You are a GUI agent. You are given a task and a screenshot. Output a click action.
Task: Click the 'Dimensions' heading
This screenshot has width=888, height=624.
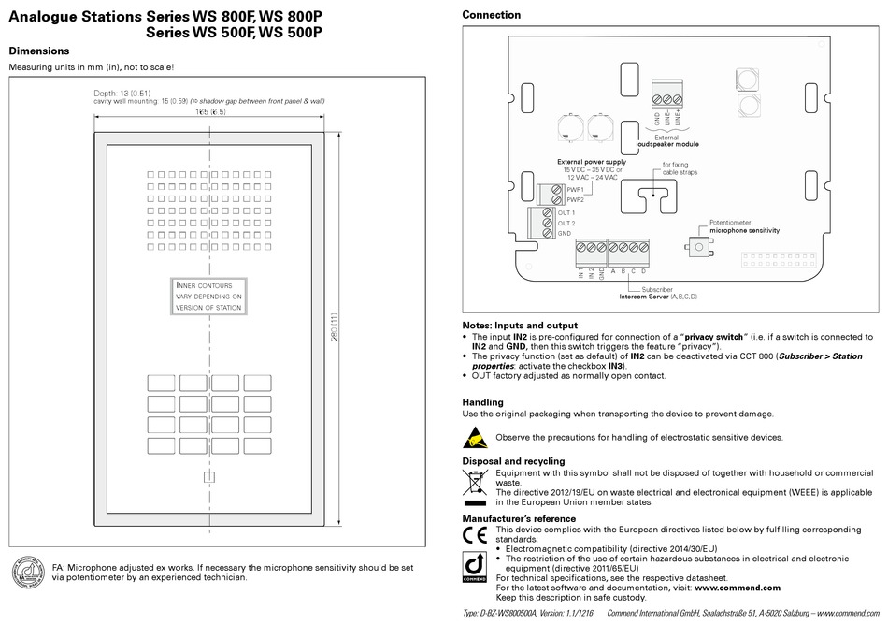[x=39, y=51]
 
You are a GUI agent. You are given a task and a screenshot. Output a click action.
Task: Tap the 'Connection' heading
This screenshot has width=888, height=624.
[x=492, y=15]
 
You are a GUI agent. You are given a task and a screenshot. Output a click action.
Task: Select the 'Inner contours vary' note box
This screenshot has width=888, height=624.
[x=208, y=296]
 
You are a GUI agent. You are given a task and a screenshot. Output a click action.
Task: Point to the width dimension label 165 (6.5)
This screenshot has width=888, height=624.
[x=210, y=112]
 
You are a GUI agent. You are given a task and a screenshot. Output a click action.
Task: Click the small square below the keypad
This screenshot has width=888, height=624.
[x=209, y=477]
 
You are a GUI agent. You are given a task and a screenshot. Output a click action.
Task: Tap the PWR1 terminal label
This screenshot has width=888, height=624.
[x=575, y=189]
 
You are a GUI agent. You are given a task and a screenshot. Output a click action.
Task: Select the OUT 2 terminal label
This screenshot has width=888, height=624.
[x=566, y=224]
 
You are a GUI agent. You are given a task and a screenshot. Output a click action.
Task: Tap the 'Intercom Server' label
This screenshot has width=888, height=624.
[x=658, y=297]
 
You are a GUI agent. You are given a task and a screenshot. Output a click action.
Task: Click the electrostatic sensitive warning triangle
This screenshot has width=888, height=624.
[x=474, y=437]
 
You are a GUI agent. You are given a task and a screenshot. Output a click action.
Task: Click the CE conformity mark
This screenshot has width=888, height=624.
[x=475, y=535]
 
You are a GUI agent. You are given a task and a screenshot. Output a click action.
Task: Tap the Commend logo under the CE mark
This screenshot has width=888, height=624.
[x=475, y=566]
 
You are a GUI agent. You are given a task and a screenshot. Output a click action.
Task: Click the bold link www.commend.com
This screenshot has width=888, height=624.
[x=737, y=587]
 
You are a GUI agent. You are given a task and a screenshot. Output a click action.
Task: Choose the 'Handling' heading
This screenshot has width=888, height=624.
[x=482, y=402]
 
